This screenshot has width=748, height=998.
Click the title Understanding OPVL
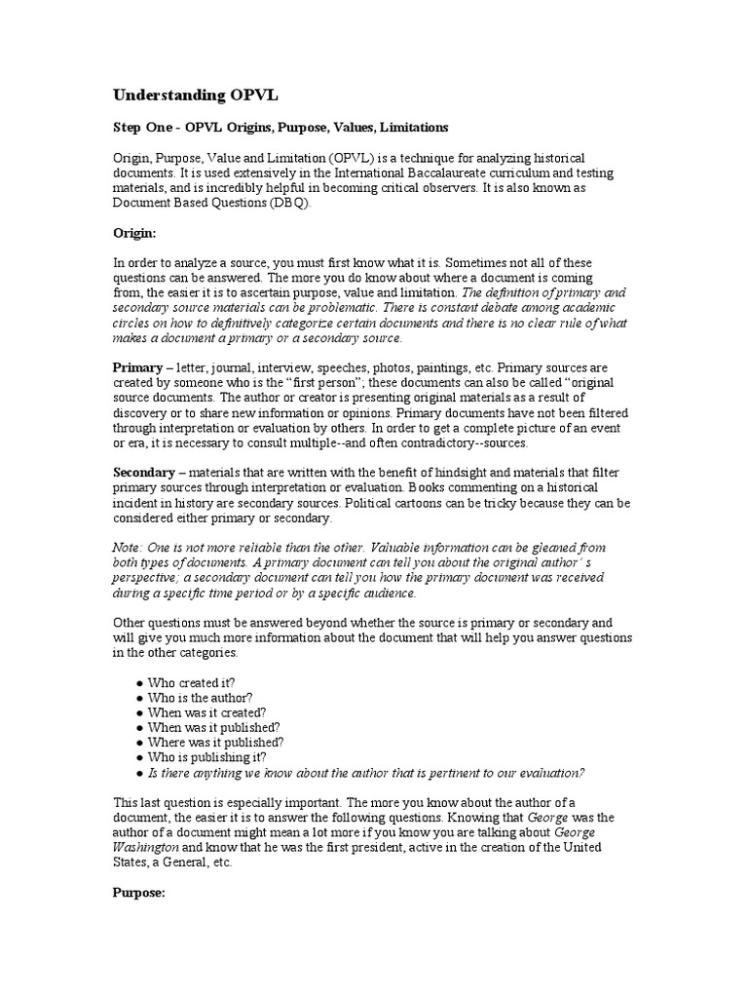point(189,95)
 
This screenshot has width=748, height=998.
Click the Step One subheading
point(280,128)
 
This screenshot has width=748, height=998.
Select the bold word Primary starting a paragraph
point(137,368)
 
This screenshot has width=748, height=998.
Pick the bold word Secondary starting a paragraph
point(144,472)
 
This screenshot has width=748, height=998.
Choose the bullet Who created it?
point(191,682)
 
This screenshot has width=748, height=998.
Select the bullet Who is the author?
point(200,698)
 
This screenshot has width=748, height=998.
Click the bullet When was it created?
point(206,712)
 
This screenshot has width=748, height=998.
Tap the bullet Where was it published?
point(214,743)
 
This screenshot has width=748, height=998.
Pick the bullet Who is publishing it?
point(206,757)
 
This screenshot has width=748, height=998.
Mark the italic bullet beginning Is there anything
point(365,773)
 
